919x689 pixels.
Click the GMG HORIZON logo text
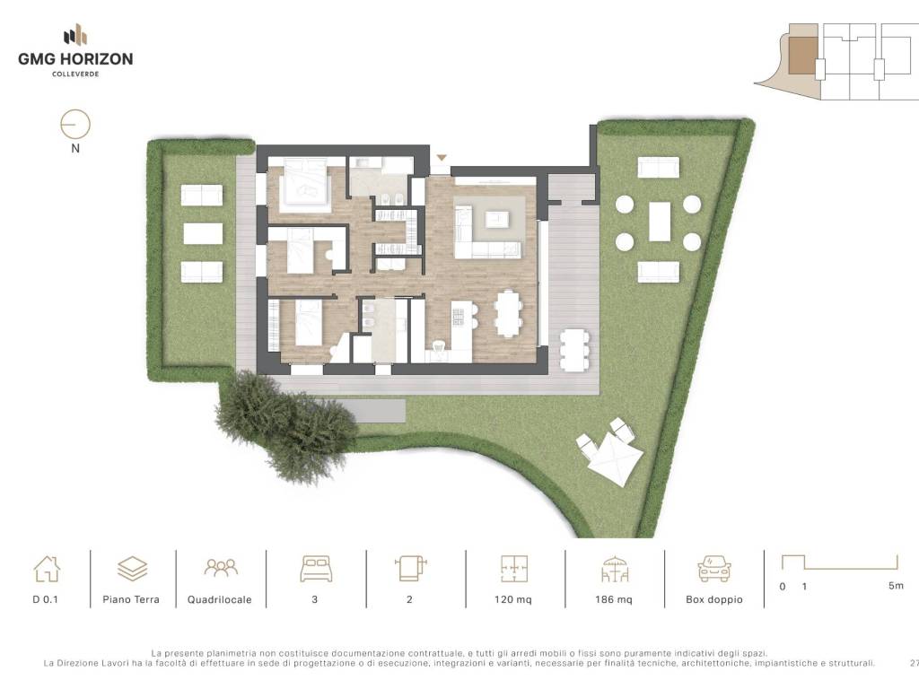75,58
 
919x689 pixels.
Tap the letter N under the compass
75,149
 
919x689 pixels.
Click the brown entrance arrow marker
442,158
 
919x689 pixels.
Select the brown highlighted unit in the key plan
801,57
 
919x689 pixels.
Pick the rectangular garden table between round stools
660,222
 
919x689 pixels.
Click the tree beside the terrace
285,426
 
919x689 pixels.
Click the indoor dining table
508,313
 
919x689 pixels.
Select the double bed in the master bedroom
305,185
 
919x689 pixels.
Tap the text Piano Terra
131,599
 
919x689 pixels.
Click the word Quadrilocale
219,600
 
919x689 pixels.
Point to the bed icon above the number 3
316,569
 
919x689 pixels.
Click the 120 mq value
512,599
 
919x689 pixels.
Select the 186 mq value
614,599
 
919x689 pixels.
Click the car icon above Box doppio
713,569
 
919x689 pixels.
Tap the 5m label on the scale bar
896,585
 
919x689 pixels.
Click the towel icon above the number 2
410,568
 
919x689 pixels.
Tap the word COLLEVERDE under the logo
75,74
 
